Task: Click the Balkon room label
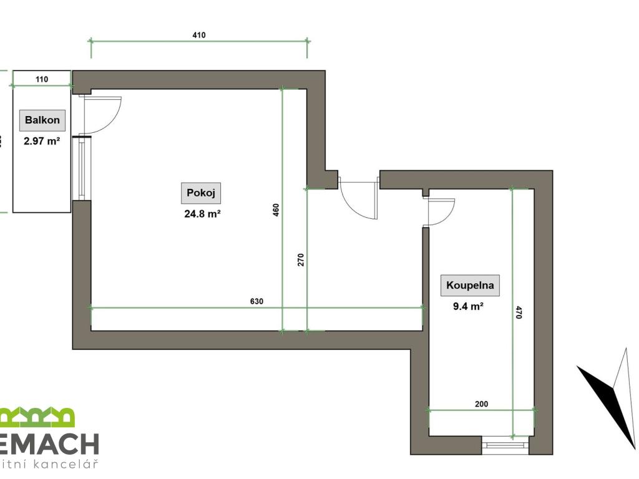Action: [42, 120]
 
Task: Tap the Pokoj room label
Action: [201, 193]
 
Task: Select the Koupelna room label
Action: [470, 286]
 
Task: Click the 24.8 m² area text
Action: [201, 213]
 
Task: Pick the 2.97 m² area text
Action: [42, 141]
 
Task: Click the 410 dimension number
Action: [199, 35]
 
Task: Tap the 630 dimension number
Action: [256, 301]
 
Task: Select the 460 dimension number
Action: [276, 210]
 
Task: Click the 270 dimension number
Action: [300, 259]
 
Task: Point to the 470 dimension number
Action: [518, 312]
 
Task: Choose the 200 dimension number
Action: [481, 404]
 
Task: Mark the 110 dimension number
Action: [42, 79]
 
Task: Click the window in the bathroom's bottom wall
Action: [505, 445]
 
